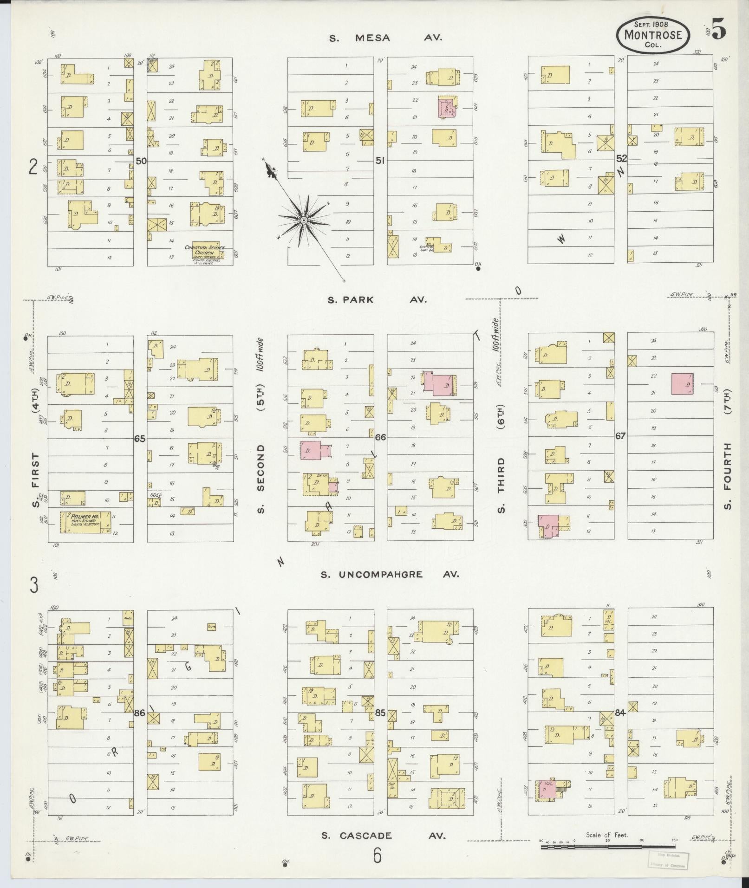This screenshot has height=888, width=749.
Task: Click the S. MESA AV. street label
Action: [x=385, y=38]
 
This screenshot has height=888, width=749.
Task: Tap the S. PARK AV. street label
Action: [x=377, y=300]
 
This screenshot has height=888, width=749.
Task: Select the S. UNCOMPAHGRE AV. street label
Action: [x=390, y=575]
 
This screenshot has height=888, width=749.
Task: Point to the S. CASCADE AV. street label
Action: [x=384, y=836]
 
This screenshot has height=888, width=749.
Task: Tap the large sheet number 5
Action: [x=718, y=32]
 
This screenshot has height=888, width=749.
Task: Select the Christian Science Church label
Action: [x=204, y=253]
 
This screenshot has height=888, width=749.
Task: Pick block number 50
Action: [x=141, y=161]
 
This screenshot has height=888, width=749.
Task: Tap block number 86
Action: [x=140, y=726]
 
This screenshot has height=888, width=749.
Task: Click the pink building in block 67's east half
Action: [x=683, y=384]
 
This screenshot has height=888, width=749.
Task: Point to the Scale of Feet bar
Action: [x=608, y=847]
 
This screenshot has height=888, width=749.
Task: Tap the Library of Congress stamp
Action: [x=668, y=859]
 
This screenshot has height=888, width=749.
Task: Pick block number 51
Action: [x=380, y=161]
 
